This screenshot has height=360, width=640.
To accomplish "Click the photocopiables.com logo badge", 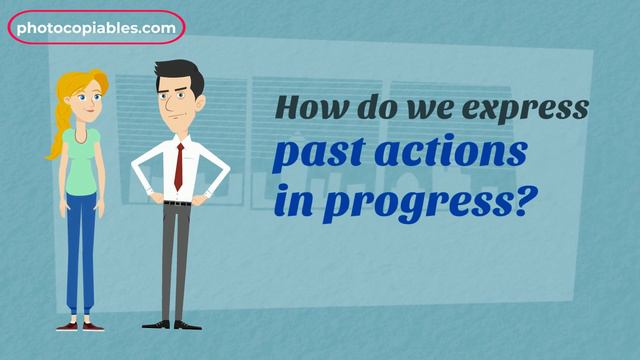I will (x=96, y=28).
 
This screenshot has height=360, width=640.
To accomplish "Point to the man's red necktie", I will (x=179, y=166).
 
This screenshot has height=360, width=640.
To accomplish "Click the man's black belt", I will (x=177, y=203).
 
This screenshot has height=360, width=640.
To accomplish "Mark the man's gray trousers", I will (x=176, y=260).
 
